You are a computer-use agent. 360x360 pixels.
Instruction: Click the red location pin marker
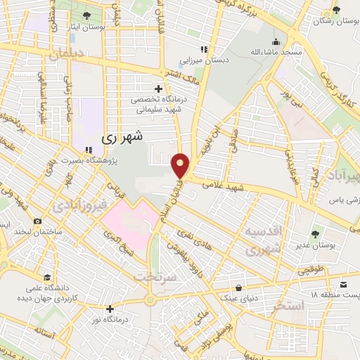181,165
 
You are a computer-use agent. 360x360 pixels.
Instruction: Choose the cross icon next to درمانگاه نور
109,308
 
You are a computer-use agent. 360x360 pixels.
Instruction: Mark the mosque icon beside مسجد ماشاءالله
278,41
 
